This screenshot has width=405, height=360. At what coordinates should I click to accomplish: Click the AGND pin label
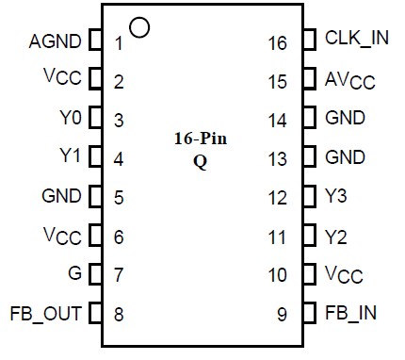[57, 41]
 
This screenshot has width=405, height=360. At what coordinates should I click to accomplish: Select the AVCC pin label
[349, 80]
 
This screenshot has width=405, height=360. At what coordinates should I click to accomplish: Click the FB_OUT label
[45, 313]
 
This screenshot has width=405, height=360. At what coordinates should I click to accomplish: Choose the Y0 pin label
[71, 119]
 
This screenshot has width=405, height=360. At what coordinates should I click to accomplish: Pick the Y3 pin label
[335, 197]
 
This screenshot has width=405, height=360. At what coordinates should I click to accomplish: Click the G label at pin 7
[74, 274]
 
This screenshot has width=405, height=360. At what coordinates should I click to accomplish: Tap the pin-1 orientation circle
[139, 26]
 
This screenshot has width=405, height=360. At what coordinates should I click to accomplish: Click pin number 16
[277, 42]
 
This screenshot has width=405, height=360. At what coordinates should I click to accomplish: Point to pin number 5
[119, 198]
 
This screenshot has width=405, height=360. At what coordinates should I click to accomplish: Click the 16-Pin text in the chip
[200, 139]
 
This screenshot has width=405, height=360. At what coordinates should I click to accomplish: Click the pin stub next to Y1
[94, 157]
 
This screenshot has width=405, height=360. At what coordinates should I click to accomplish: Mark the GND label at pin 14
[344, 119]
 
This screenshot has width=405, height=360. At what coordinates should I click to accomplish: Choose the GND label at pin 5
[61, 197]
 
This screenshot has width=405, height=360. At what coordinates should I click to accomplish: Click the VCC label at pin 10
[344, 275]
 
